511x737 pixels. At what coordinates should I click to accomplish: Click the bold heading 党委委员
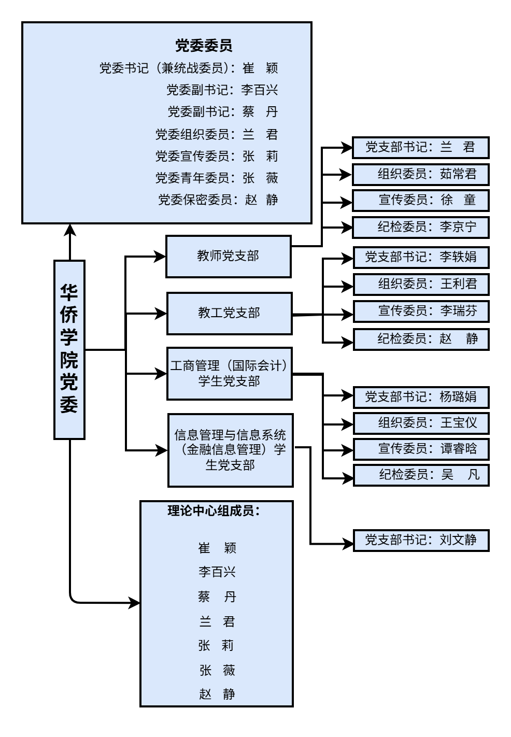coord(203,46)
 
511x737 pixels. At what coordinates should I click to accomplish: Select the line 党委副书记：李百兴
coord(222,90)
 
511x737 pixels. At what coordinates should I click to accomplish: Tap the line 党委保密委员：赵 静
coord(218,200)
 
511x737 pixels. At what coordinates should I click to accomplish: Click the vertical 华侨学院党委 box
coord(69,349)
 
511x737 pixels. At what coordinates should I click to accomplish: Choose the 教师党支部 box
coord(228,257)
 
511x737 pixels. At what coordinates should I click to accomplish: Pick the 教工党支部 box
coord(229,313)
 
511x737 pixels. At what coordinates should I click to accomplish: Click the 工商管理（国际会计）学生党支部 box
coord(229,374)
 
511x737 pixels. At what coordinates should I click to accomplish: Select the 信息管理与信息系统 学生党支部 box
coord(230,450)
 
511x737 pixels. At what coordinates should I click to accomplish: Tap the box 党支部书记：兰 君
coord(420,148)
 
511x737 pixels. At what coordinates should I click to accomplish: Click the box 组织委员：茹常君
coord(420,174)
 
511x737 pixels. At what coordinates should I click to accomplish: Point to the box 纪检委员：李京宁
coord(420,227)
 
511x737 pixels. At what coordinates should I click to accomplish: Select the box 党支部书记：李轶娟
coord(421,258)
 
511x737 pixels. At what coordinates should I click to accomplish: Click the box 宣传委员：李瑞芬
coord(421,311)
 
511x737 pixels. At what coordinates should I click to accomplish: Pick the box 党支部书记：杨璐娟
coord(421,397)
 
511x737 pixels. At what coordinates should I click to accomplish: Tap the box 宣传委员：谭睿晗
coord(421,449)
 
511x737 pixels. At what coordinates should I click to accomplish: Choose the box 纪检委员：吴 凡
coord(421,475)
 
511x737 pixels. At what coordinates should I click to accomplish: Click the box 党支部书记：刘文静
coord(421,540)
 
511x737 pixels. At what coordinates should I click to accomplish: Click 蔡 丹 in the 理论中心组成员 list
coord(217,597)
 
